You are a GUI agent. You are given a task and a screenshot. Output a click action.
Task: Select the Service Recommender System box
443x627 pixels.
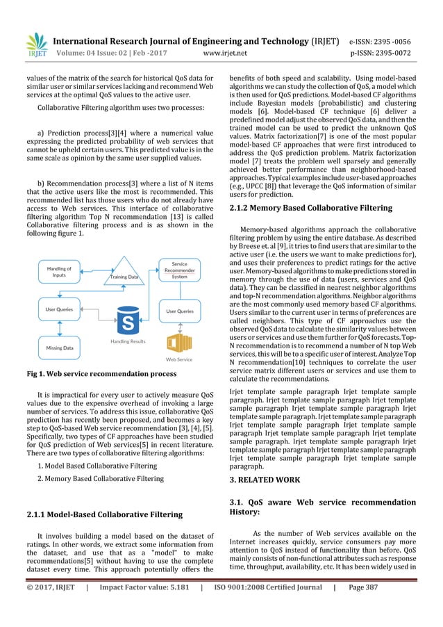(179, 271)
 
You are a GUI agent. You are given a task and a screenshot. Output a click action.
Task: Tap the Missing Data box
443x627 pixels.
(59, 347)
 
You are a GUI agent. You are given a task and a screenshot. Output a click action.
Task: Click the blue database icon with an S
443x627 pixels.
(127, 320)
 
